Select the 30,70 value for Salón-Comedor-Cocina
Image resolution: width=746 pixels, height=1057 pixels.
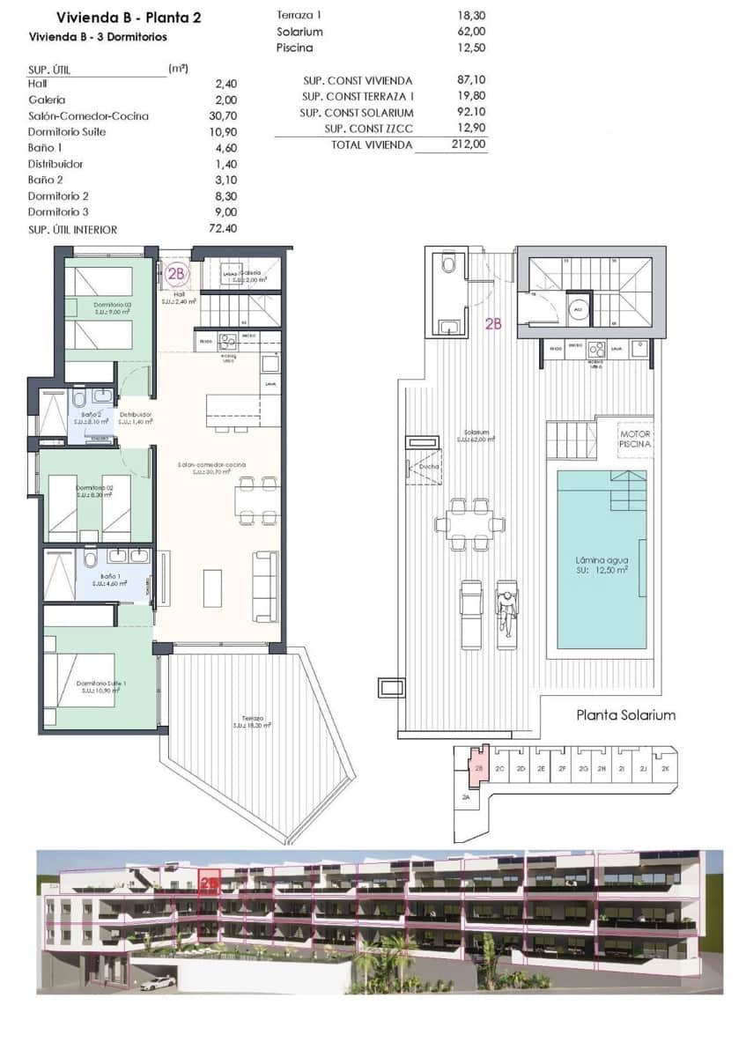coord(225,116)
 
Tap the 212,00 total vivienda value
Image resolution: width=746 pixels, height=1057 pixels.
coord(468,144)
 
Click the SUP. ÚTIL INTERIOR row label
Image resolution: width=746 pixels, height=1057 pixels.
coord(72,230)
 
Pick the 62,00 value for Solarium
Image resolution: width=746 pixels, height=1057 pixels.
coord(471,32)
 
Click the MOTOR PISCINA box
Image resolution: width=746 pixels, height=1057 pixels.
coord(634,440)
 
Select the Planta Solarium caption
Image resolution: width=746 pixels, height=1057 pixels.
coord(625,714)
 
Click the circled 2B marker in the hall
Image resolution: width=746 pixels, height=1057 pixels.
coord(176,274)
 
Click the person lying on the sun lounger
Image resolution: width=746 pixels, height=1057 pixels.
coord(506,610)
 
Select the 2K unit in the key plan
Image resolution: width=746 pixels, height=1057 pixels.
coord(665,769)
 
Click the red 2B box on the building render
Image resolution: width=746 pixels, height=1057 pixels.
coord(210,883)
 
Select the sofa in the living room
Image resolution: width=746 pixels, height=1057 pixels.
coord(263,586)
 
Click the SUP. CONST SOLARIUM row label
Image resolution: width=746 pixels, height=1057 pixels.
coord(357,113)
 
